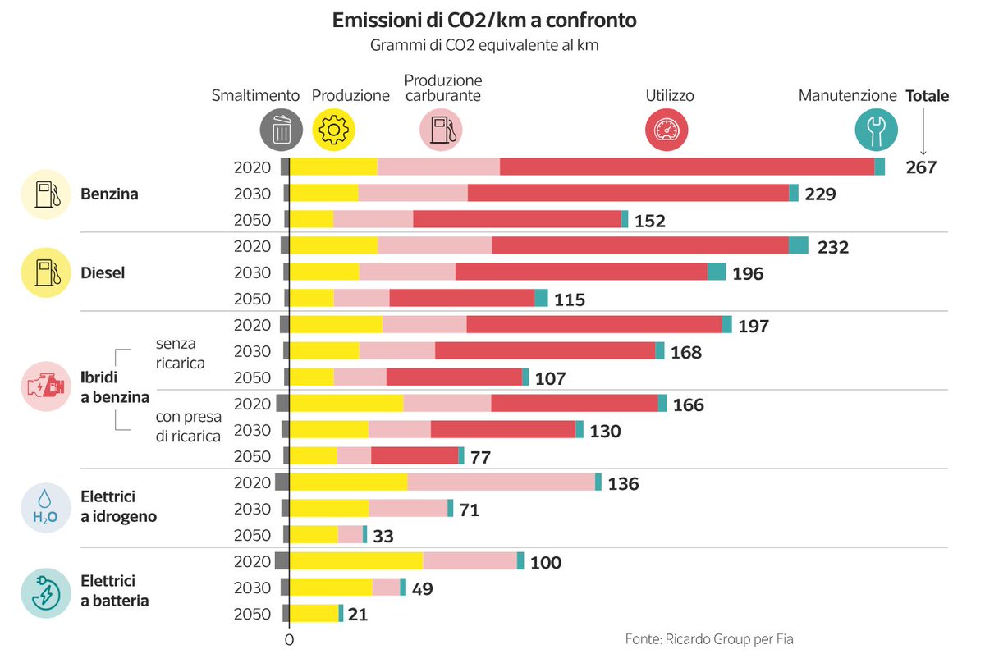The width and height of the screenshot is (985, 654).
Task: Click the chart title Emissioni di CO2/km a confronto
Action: tap(484, 21)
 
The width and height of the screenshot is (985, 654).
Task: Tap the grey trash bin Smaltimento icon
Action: tap(282, 130)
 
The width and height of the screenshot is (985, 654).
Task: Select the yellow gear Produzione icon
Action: tap(333, 130)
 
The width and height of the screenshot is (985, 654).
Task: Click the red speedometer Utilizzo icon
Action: tap(667, 130)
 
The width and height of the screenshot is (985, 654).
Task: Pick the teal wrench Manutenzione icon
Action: tap(876, 130)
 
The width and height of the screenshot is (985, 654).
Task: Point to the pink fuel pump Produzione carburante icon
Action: tap(441, 130)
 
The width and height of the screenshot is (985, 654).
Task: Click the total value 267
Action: tap(921, 167)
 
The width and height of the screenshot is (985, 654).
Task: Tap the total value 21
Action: tap(358, 615)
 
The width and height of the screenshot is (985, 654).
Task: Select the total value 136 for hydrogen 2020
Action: tap(623, 483)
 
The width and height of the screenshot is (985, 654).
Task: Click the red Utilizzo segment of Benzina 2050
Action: tap(517, 219)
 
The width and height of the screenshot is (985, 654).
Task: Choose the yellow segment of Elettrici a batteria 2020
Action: tap(356, 560)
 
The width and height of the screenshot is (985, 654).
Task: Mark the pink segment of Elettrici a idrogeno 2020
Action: tap(502, 482)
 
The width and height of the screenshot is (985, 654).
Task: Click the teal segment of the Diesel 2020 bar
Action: tap(799, 245)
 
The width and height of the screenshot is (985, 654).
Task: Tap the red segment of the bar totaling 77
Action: tap(415, 455)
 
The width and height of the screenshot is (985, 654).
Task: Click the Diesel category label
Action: tap(103, 273)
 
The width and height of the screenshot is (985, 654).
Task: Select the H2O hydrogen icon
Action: tap(46, 508)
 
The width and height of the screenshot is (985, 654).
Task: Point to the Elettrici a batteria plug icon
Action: tap(46, 593)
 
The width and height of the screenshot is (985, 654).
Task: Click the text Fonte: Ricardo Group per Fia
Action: tap(709, 638)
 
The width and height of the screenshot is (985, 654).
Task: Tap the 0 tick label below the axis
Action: tap(289, 640)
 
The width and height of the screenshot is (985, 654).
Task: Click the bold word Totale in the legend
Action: tap(928, 96)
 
